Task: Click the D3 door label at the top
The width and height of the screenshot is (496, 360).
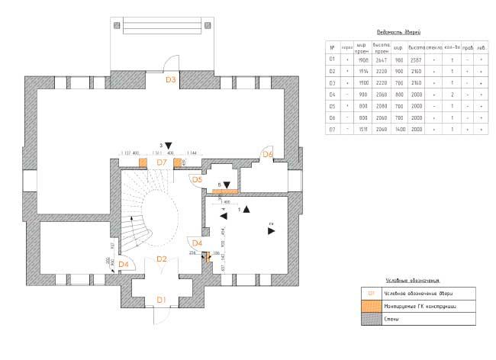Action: click(171, 79)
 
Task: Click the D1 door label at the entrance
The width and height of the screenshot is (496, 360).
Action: click(161, 300)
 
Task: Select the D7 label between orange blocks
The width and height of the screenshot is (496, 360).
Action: click(161, 162)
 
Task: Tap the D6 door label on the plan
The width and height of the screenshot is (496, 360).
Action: click(268, 155)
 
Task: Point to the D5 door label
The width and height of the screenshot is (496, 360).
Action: click(196, 180)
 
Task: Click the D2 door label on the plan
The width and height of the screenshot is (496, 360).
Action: click(161, 259)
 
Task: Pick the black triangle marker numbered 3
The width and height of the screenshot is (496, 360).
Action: click(169, 144)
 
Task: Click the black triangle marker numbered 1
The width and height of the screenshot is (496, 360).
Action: click(246, 208)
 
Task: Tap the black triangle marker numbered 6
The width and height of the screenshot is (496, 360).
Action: click(227, 185)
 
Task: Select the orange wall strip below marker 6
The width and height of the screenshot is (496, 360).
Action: click(226, 191)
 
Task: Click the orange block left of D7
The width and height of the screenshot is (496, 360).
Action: click(143, 162)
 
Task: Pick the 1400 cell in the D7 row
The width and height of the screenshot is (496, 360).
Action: click(398, 129)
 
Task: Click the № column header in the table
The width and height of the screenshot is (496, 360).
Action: click(332, 47)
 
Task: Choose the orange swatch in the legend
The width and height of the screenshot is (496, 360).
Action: click(371, 306)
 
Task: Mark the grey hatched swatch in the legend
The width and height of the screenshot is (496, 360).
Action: click(371, 320)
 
